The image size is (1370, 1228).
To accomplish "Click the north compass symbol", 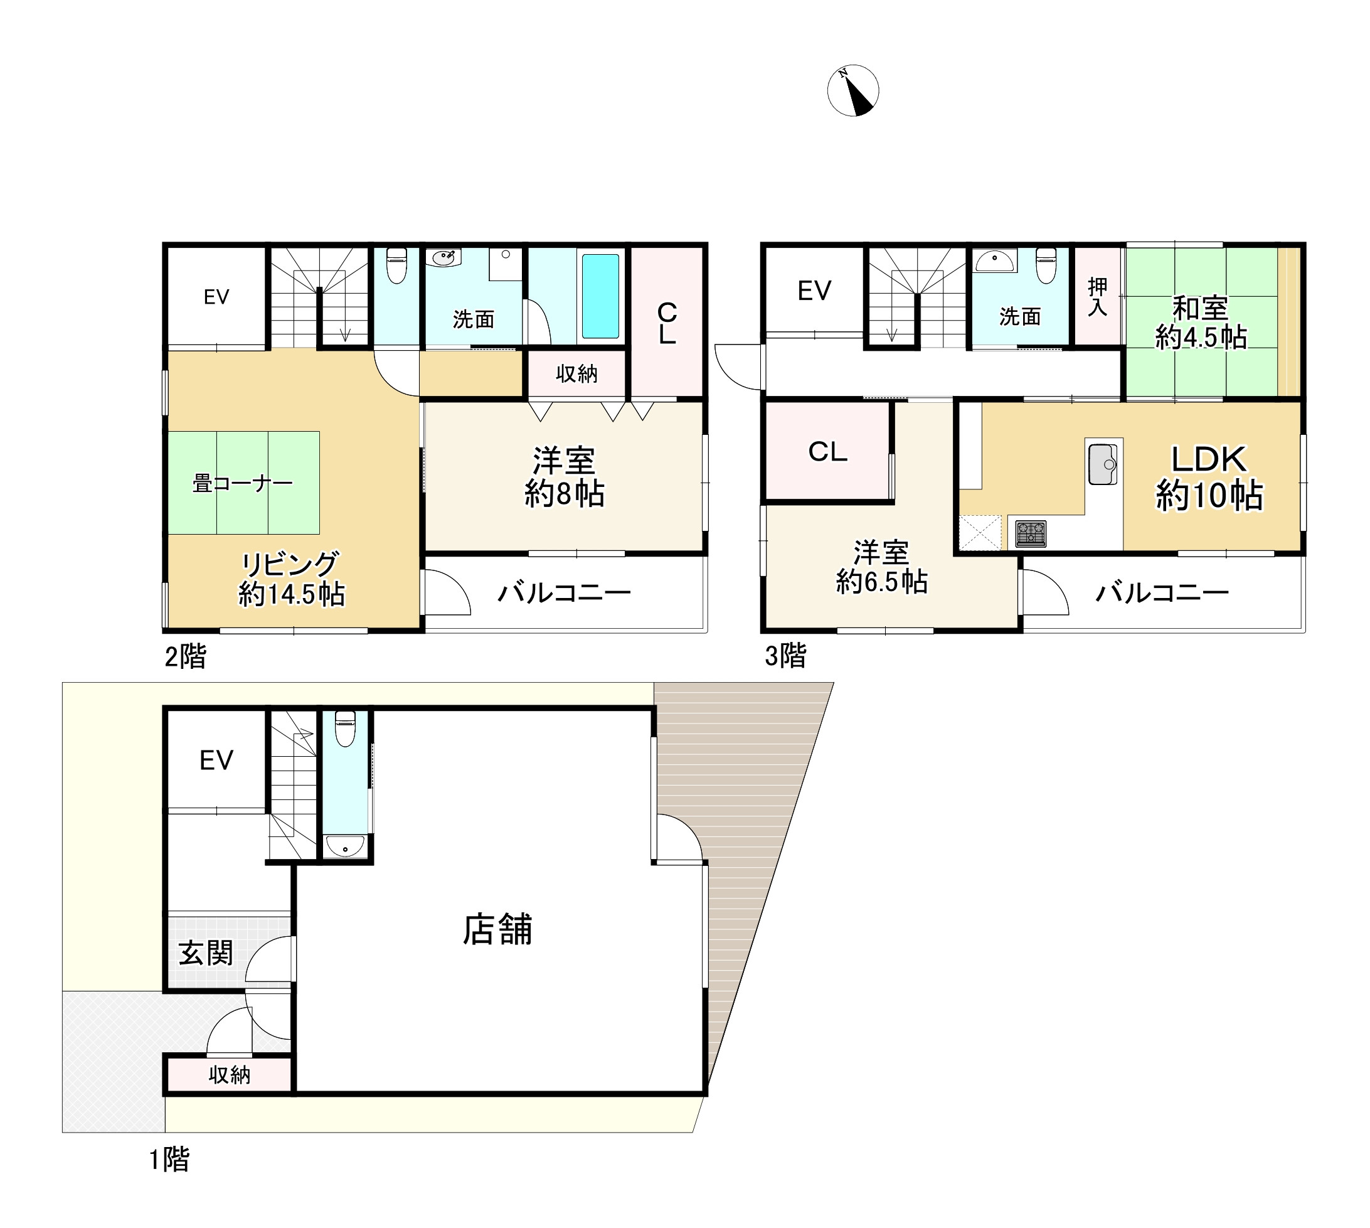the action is tap(852, 90).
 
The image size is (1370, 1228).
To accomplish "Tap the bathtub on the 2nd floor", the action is tap(600, 296).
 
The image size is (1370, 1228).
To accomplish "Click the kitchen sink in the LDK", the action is tap(1102, 464).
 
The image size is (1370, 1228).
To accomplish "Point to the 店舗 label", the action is tap(497, 929).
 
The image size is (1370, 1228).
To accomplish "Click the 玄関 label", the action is tap(206, 953).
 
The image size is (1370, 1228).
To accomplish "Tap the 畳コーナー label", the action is tap(243, 483).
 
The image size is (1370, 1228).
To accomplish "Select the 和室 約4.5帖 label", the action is tap(1201, 323).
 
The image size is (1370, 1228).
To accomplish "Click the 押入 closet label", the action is tap(1098, 297).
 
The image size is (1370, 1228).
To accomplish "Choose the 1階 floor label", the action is tap(169, 1159).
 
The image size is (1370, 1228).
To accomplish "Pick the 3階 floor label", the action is tap(785, 655).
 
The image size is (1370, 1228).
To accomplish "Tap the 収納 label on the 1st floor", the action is tap(230, 1075).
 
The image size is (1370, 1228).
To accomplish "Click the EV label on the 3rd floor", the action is tap(814, 291).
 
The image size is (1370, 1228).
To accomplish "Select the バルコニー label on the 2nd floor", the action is tap(564, 593).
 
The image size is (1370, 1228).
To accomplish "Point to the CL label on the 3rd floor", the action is tap(827, 451).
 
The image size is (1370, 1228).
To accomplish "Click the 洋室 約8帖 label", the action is tap(565, 477).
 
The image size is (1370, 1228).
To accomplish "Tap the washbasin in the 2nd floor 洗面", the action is tap(443, 258).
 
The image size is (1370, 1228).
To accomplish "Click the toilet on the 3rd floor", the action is tap(1046, 265).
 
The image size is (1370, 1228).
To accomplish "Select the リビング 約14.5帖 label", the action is tap(292, 579).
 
